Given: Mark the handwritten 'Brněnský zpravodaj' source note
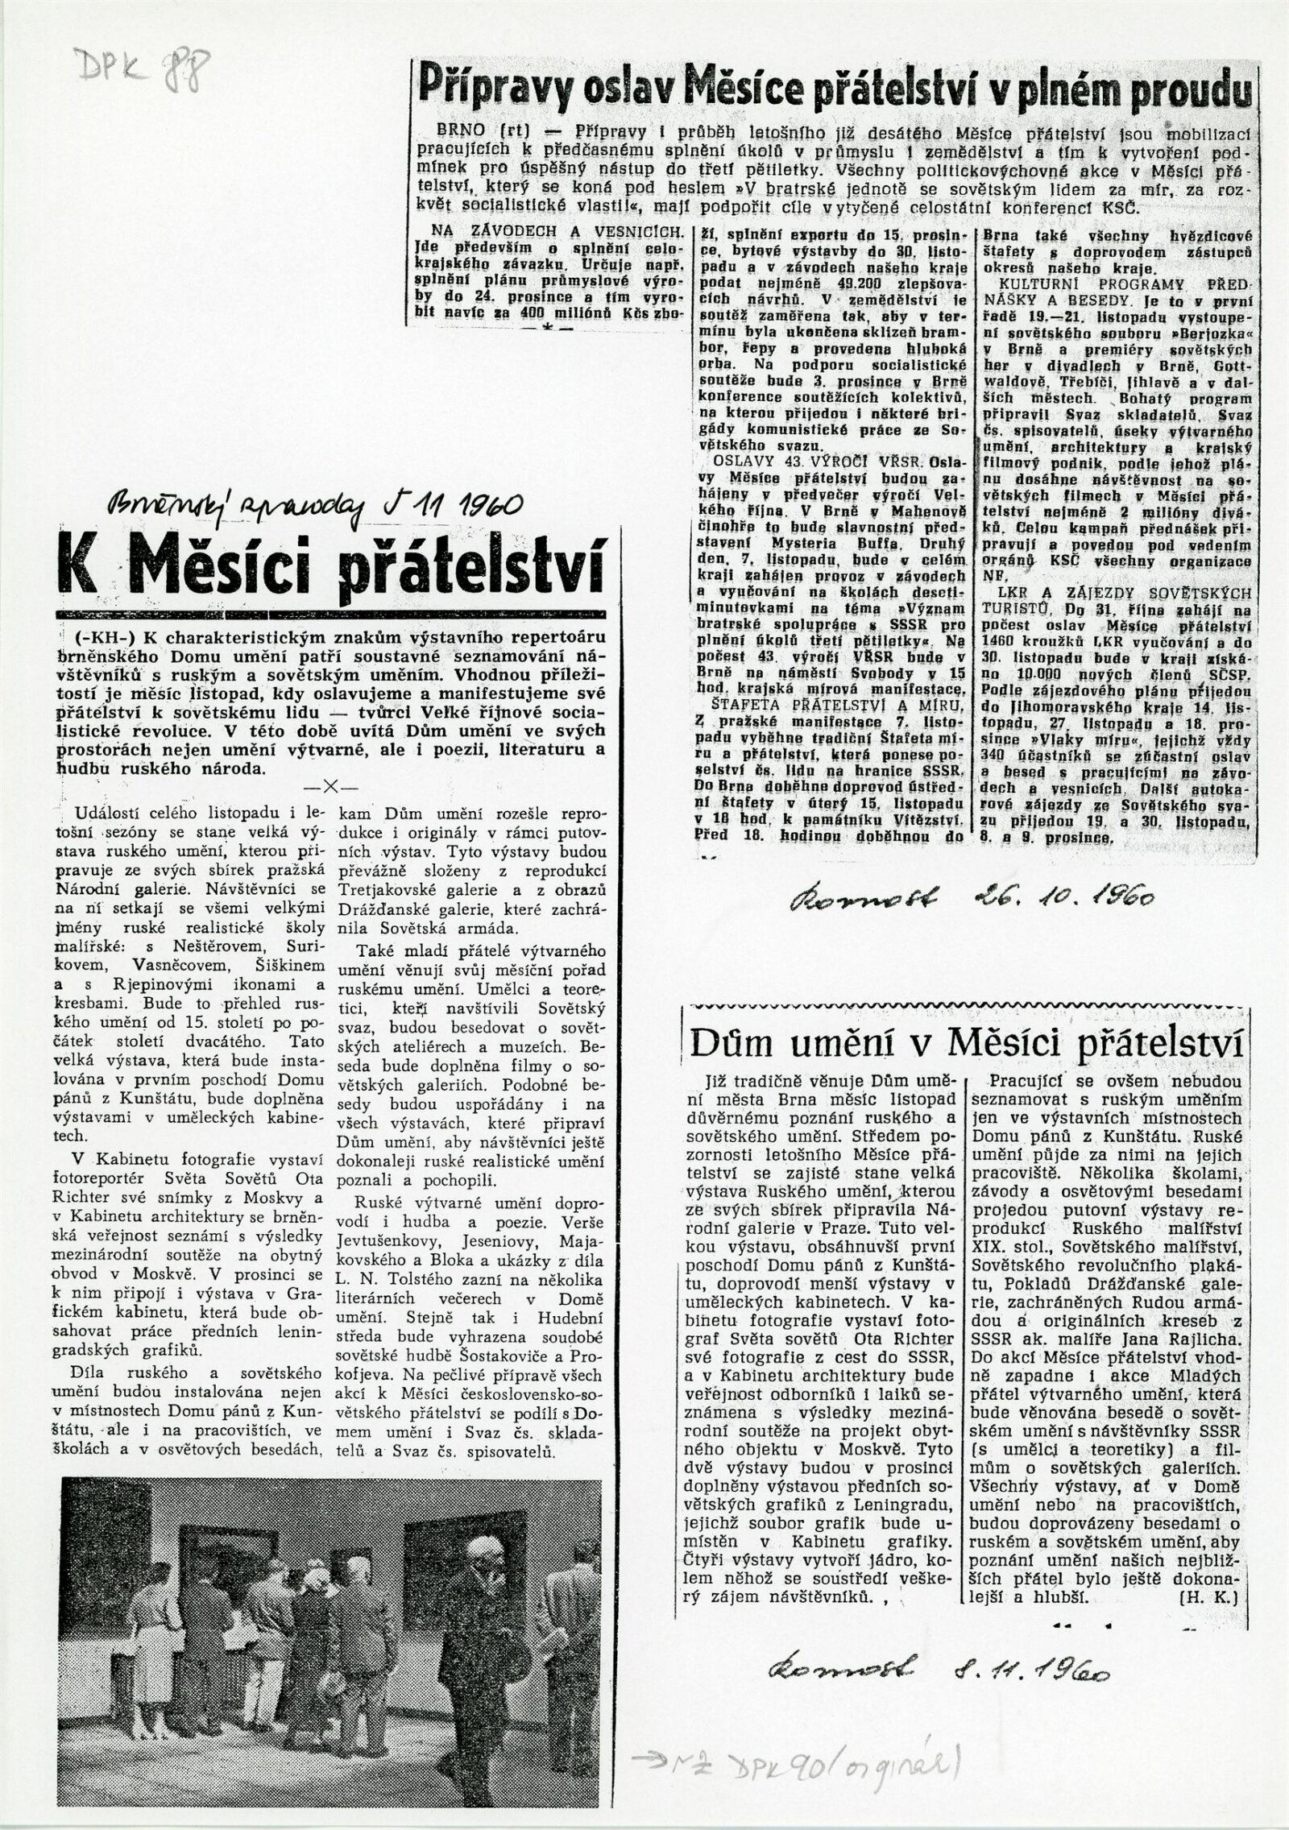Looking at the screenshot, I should coord(226,507).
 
